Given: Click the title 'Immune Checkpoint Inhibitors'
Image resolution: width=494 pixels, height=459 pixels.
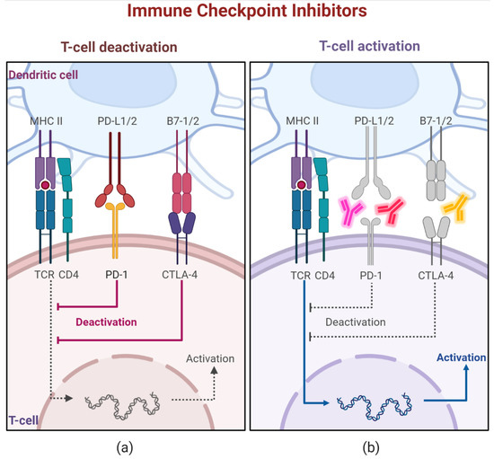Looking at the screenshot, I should (247, 13).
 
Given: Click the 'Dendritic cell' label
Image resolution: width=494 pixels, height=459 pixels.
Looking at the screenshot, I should (45, 76).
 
